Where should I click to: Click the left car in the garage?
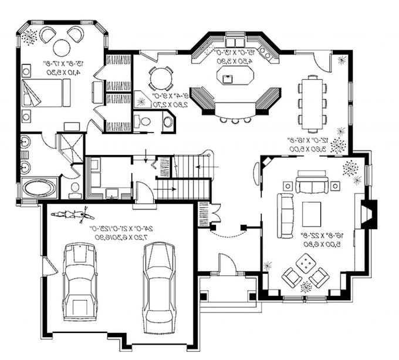(x=80, y=281)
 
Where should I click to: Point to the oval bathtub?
(x=40, y=189)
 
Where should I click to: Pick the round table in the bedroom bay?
(x=62, y=47)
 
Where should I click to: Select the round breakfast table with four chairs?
(x=160, y=78)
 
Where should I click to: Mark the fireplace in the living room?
(x=368, y=213)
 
